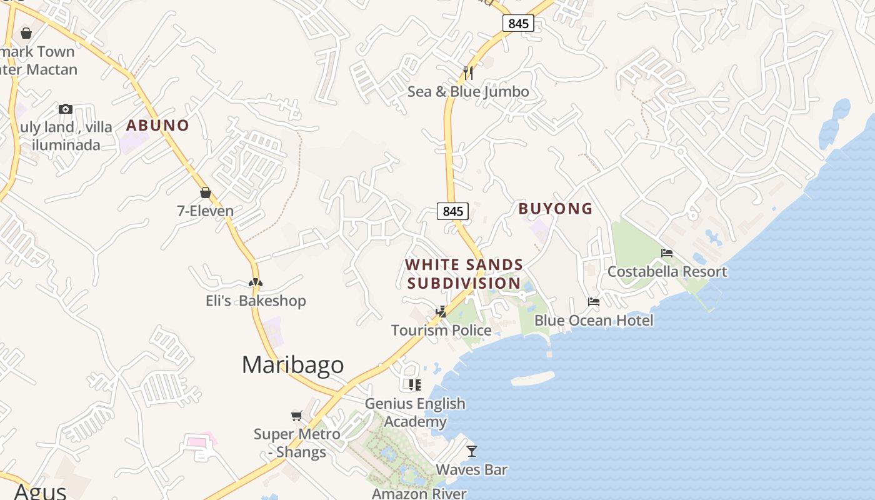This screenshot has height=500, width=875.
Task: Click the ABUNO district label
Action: tap(157, 125)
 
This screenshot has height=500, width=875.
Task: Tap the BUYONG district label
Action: tap(555, 209)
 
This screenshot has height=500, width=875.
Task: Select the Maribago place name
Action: tap(292, 365)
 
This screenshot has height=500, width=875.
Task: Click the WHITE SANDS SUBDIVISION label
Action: tap(464, 274)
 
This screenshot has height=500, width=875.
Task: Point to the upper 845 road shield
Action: tap(518, 24)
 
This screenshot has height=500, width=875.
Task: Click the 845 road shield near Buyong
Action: tap(452, 211)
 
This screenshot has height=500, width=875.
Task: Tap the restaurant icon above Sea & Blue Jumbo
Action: tap(468, 73)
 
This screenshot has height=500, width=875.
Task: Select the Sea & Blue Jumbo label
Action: tap(468, 92)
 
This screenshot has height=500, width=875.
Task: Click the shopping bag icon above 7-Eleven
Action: tap(205, 192)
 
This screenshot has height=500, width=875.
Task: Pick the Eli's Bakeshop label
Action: tap(256, 301)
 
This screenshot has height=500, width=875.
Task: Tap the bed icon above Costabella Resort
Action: tap(667, 253)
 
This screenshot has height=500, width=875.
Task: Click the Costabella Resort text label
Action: tap(667, 272)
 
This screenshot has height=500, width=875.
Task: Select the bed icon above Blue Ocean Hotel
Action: tap(593, 302)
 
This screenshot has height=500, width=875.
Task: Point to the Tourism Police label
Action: tap(441, 330)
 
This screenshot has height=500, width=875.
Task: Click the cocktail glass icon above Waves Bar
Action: tap(472, 451)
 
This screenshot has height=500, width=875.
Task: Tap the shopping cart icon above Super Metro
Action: tap(297, 416)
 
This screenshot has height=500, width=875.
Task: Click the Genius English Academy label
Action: tap(415, 412)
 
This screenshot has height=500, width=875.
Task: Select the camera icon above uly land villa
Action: tap(66, 109)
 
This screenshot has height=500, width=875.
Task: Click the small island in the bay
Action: tap(532, 378)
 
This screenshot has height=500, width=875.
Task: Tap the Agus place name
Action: tap(40, 491)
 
